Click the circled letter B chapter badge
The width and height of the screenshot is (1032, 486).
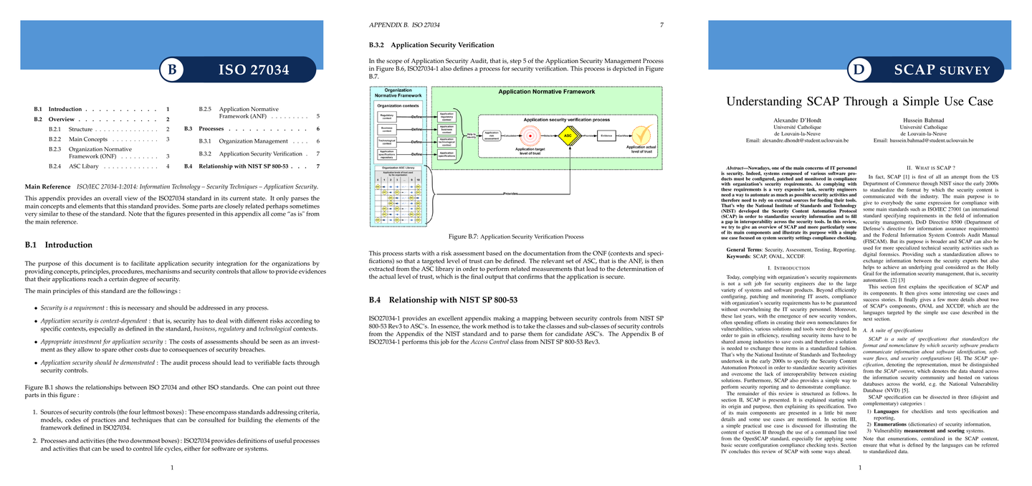[x=171, y=70]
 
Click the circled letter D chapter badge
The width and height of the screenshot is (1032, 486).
[x=859, y=70]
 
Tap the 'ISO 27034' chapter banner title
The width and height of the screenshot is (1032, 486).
[x=254, y=70]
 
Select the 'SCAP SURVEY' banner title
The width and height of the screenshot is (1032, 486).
[x=942, y=70]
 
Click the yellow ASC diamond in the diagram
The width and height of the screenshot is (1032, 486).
[x=568, y=135]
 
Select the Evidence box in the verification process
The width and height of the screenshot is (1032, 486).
[x=606, y=135]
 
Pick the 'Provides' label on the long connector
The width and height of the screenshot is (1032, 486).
[x=510, y=194]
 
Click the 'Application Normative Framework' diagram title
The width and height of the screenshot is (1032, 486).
[x=546, y=92]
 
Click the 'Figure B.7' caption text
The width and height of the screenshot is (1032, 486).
[x=515, y=235]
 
